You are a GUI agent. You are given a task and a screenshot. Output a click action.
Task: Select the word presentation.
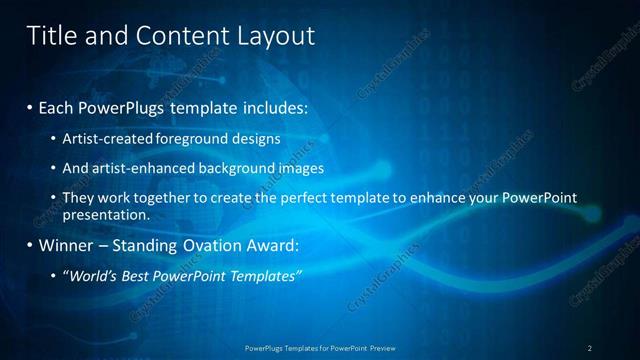[105, 214]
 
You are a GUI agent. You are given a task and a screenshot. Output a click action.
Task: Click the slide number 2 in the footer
[590, 348]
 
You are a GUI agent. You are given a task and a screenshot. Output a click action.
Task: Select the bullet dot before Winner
[30, 245]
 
